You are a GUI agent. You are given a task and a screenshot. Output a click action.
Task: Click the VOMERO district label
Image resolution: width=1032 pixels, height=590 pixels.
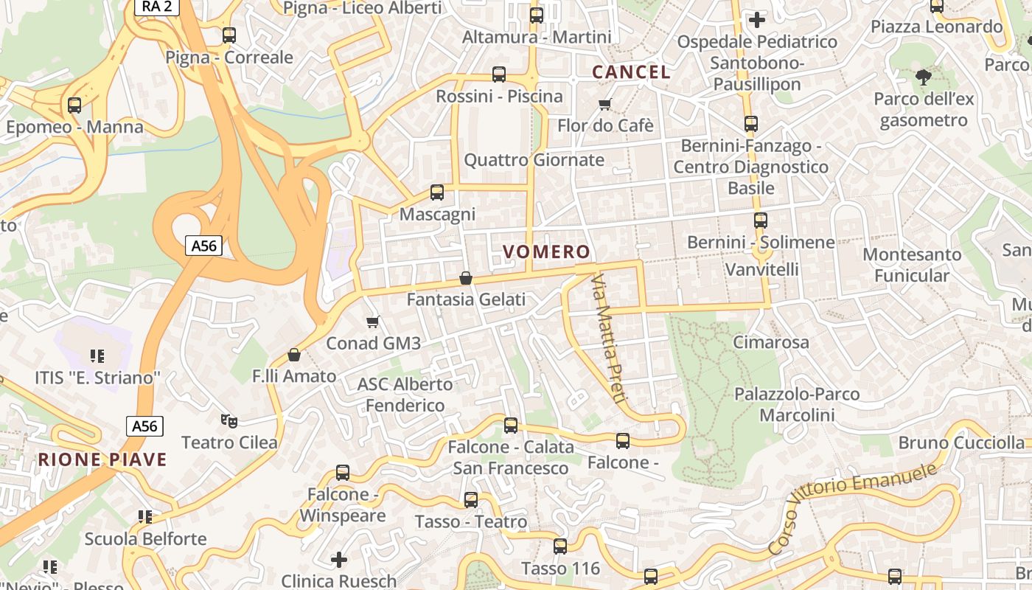pos(546,252)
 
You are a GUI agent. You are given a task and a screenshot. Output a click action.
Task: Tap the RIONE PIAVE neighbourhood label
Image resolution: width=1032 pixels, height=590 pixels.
pos(102,459)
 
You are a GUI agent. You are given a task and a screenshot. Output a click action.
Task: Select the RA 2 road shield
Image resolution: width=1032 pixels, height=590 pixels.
pos(156,7)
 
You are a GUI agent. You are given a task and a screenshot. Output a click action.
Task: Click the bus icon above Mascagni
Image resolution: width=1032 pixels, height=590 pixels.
pos(437,192)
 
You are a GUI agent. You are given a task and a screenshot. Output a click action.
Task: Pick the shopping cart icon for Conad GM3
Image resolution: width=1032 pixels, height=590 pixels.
pos(372,322)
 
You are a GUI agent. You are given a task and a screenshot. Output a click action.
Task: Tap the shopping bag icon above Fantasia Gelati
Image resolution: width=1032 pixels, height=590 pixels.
pos(465,278)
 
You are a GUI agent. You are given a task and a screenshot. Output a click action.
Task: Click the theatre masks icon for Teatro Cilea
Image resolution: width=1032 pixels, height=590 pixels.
pos(229,421)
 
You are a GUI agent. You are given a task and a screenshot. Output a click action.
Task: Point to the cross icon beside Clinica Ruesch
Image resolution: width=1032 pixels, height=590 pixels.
pos(339,560)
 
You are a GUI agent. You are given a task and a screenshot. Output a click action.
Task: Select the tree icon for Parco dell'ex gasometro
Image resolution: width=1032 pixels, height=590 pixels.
pos(923,77)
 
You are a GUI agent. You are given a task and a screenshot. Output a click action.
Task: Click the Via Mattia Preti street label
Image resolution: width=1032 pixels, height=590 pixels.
pos(609,339)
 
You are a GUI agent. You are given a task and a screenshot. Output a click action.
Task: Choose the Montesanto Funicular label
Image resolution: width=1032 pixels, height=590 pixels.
pos(912,265)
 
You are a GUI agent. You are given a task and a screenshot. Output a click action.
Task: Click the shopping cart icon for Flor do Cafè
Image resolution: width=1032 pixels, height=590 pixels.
pos(605,104)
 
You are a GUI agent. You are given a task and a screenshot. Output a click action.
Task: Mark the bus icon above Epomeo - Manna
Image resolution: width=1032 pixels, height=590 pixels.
pos(74,105)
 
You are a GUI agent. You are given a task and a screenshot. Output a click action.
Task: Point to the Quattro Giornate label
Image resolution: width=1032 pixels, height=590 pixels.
pos(534,160)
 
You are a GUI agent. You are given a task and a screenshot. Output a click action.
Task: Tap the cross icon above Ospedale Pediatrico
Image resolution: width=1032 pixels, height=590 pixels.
pos(757,20)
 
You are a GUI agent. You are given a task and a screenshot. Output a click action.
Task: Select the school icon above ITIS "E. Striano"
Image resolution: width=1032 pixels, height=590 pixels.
pos(97,357)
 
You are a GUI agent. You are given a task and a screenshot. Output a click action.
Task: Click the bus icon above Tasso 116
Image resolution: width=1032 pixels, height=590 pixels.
pos(560,546)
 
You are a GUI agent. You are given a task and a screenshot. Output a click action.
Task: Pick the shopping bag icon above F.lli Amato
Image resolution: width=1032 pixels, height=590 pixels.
pos(294,355)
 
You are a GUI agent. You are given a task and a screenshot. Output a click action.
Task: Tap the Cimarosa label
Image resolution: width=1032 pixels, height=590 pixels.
pos(770,342)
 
